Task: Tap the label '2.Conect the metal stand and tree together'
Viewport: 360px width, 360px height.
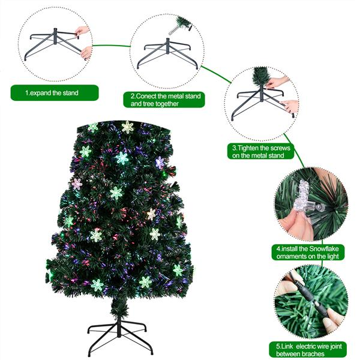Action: coord(167,100)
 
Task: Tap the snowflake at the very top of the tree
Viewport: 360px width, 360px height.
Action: coord(127,127)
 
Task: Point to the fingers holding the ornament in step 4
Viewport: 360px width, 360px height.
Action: coord(293,225)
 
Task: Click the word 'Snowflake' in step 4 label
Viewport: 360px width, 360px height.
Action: coord(326,247)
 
